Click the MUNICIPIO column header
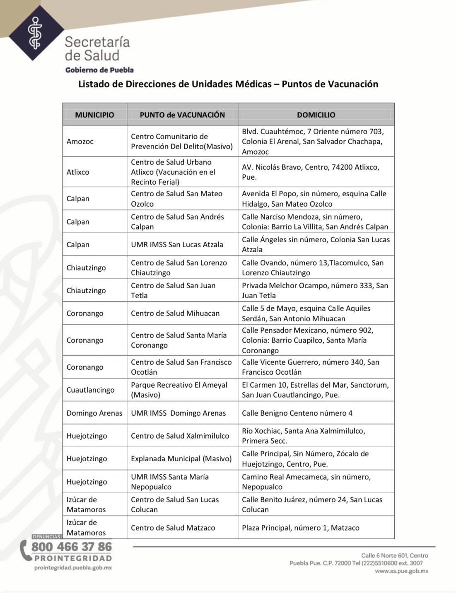tap(94, 115)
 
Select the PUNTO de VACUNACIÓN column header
tap(182, 115)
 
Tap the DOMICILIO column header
tap(316, 115)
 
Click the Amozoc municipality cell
tap(80, 141)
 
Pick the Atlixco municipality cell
tap(78, 172)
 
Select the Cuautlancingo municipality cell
tap(90, 390)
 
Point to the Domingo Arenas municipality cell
tap(94, 413)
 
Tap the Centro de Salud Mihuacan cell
tap(175, 313)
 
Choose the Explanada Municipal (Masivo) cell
tap(181, 458)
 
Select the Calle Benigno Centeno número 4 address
tap(297, 413)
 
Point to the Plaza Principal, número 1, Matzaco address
tap(300, 528)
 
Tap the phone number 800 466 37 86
tap(72, 547)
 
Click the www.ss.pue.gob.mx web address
tap(401, 571)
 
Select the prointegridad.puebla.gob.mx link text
tap(73, 568)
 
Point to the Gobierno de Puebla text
tap(99, 70)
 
